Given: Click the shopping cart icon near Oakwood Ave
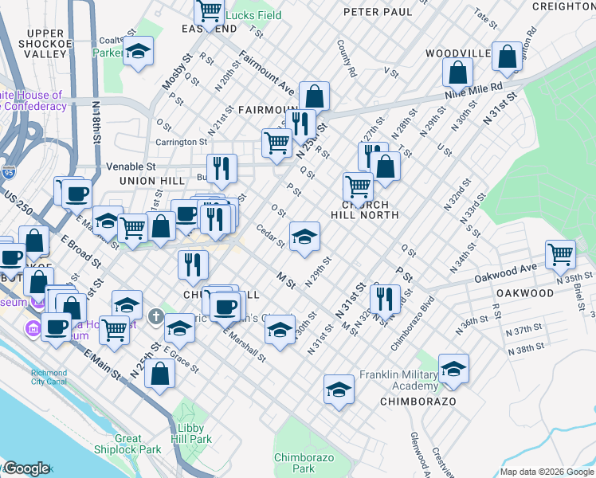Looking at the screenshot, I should coord(561,255).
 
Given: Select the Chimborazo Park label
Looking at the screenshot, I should coord(294,462).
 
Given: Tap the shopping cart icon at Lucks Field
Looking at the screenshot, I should coord(209,12).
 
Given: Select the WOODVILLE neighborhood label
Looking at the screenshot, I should coord(456,53).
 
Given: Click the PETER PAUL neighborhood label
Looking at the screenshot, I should coord(378,13).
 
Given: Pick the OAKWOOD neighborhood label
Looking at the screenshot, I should coord(524,293).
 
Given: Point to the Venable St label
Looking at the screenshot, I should coord(131,167).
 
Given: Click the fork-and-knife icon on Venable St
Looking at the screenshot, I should coord(222,167).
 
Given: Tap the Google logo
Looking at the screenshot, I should coord(26,468).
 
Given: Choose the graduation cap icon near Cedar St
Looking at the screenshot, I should coord(304,236).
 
